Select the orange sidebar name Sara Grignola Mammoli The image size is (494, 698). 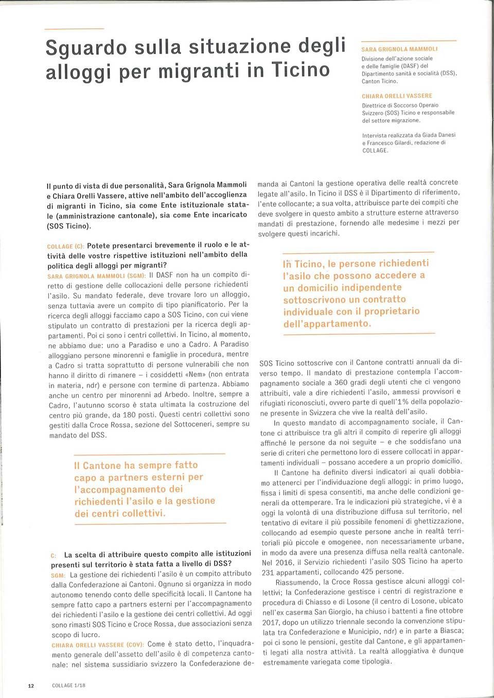[x=399, y=49]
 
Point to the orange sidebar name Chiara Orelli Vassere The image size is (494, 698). [x=397, y=96]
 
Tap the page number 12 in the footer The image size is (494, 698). [x=31, y=686]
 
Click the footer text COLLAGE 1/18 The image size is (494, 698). [x=69, y=686]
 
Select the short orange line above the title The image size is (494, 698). [x=74, y=28]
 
